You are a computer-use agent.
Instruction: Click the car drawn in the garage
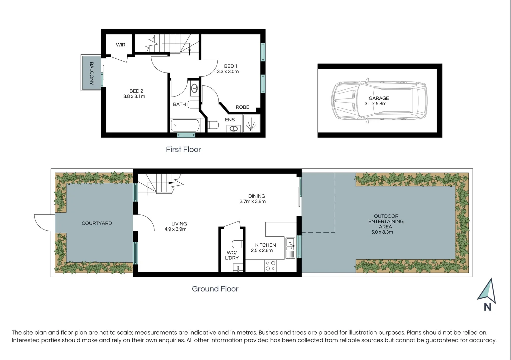tap(379, 101)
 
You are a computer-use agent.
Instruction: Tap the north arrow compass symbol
tap(487, 292)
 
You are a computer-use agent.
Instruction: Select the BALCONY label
tap(91, 73)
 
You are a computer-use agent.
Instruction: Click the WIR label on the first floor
tap(121, 45)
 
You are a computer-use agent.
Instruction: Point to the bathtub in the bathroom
tap(185, 126)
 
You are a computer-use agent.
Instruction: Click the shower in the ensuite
tap(251, 123)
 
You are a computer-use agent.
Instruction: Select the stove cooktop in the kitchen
tap(270, 266)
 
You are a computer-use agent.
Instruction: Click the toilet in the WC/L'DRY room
tap(237, 244)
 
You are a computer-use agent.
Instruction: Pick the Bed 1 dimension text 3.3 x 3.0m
tap(228, 71)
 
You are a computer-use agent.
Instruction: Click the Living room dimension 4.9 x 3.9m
tap(175, 229)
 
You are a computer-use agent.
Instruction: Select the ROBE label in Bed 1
tap(242, 107)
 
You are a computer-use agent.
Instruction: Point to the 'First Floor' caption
tap(183, 149)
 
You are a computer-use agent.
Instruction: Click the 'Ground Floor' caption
tap(215, 289)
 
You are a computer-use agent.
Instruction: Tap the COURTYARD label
tap(97, 223)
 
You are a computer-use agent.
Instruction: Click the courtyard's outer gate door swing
tap(44, 222)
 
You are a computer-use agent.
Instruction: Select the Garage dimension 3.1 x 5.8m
tap(375, 104)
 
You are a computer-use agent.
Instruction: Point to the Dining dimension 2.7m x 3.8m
tap(252, 201)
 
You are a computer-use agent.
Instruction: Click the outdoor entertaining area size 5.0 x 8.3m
tap(382, 232)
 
